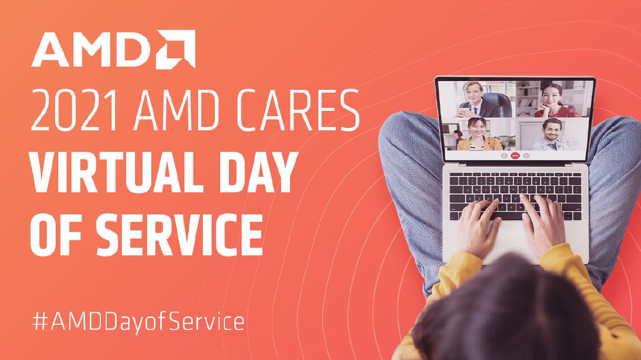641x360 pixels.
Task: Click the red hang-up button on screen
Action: tap(515, 155)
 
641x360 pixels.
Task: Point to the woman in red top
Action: tap(556, 100)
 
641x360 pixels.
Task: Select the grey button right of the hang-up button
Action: tap(526, 155)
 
